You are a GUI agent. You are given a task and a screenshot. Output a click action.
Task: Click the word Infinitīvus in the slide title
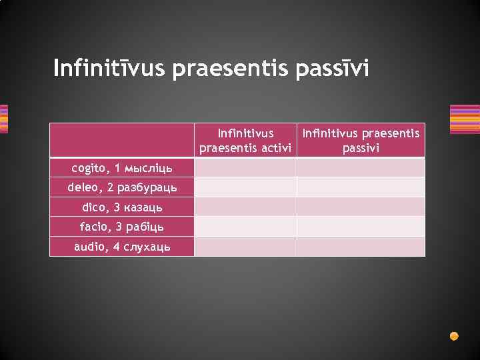(110, 68)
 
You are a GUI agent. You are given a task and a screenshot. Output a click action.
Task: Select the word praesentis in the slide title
(231, 68)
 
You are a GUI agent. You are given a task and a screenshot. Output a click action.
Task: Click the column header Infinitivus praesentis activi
(245, 141)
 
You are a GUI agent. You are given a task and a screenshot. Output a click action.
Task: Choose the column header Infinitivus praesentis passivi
(361, 141)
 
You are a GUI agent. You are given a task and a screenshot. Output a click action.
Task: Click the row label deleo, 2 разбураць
(122, 187)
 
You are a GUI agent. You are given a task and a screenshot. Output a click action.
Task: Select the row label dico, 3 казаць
(122, 207)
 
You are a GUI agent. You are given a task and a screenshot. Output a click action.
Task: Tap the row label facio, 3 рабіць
(122, 227)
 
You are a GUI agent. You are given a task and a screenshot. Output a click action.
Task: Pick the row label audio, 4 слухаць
(122, 247)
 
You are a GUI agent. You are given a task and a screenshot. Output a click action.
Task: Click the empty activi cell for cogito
(245, 167)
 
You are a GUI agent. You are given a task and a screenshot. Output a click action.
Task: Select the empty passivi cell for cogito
(361, 167)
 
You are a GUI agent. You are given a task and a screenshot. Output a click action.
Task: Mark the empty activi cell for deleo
(245, 187)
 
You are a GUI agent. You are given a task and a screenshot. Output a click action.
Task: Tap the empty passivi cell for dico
(361, 207)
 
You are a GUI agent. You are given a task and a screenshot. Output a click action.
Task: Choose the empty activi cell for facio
(245, 227)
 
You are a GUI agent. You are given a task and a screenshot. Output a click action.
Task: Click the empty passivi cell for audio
(361, 247)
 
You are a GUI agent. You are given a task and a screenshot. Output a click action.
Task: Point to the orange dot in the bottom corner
(454, 336)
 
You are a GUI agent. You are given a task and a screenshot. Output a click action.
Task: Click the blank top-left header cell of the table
(122, 141)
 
